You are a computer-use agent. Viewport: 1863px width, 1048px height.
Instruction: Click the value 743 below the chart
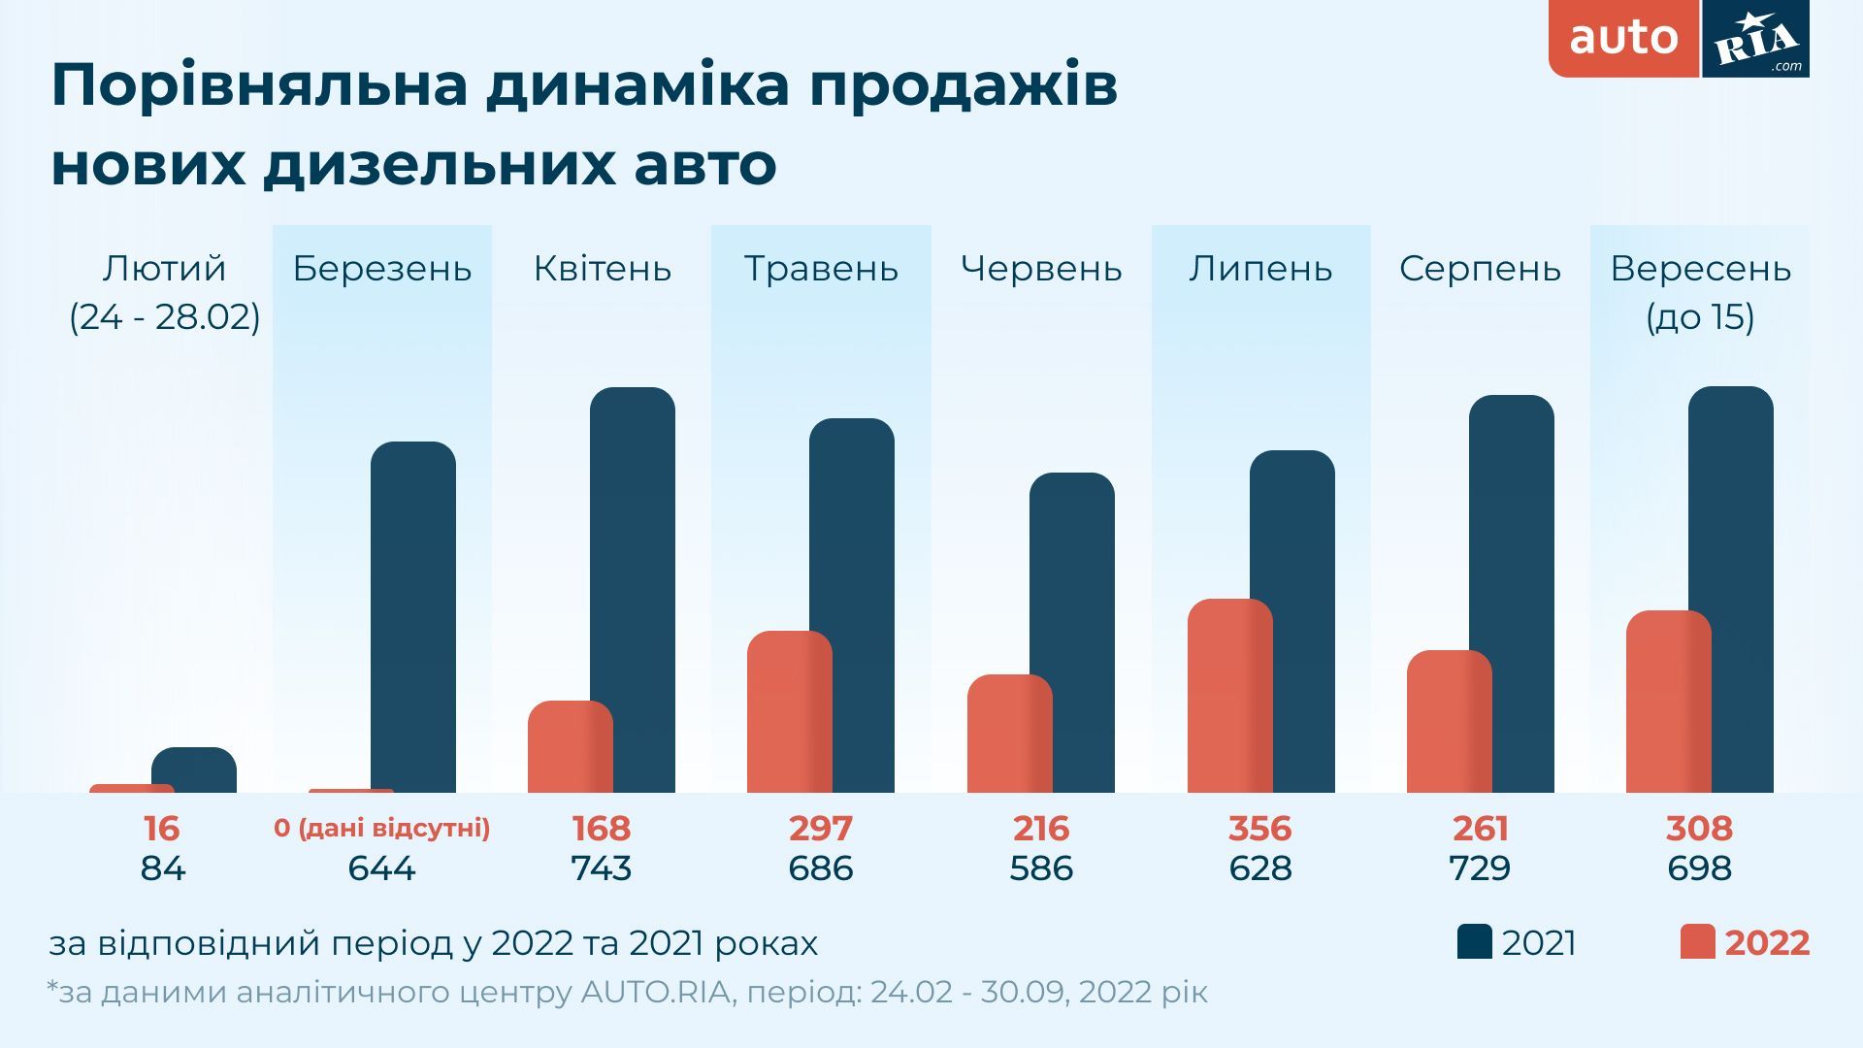click(x=602, y=868)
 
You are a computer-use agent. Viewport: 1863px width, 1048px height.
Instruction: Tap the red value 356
click(x=1260, y=829)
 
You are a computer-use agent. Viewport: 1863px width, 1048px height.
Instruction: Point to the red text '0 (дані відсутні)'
click(x=382, y=829)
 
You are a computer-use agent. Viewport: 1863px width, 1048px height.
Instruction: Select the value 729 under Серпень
click(x=1480, y=868)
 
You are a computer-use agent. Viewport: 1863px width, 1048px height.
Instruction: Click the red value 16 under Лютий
click(x=162, y=829)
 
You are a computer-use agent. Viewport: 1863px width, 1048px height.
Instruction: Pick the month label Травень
click(x=821, y=269)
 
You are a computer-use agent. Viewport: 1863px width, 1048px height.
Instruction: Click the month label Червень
click(x=1041, y=269)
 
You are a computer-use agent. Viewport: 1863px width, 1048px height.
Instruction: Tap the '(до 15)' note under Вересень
click(x=1700, y=317)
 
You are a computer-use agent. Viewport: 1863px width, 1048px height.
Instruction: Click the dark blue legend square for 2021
click(x=1474, y=942)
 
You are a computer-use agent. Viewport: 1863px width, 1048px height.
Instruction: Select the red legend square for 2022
click(x=1697, y=942)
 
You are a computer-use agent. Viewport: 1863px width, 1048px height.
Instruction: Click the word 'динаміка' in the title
click(x=637, y=84)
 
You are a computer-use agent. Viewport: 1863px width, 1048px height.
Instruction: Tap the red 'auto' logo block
click(x=1623, y=39)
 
